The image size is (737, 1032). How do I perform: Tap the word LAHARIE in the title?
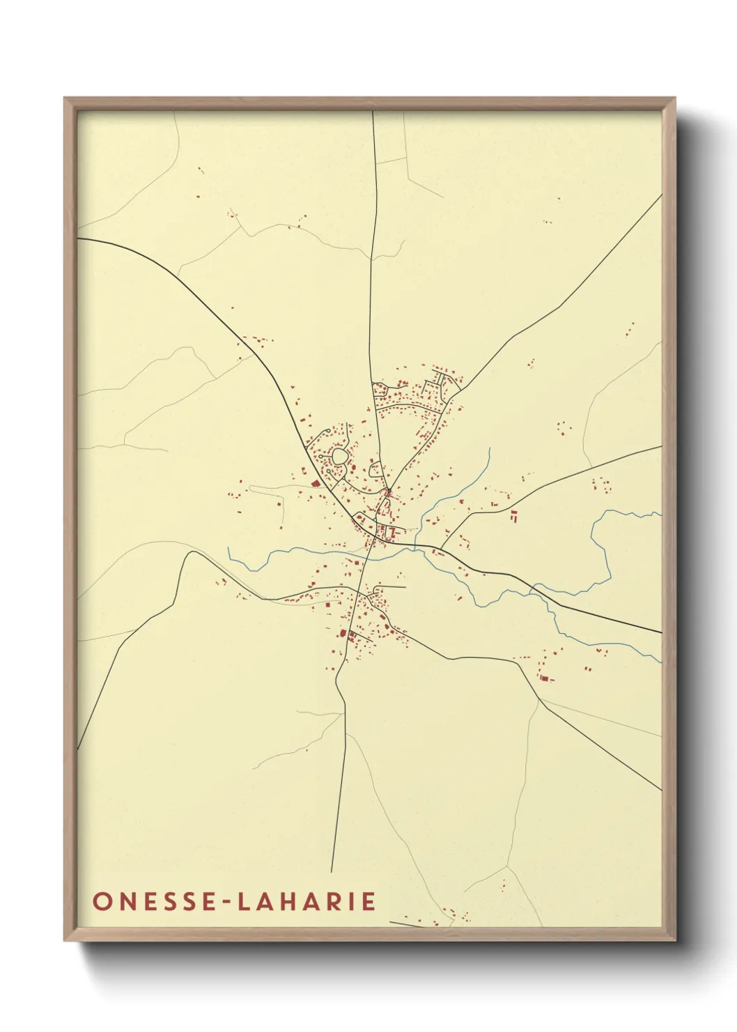307,900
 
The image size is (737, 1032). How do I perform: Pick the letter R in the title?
335,900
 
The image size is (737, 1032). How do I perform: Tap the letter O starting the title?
102,900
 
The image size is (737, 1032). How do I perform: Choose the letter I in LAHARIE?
352,900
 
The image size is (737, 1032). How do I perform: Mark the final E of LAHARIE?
369,900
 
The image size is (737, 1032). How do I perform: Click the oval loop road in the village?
339,457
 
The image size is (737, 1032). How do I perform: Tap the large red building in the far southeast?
545,677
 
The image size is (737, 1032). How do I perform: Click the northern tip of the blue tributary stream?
490,448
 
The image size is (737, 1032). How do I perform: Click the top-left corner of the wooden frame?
65,98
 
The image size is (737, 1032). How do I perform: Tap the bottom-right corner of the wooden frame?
676,940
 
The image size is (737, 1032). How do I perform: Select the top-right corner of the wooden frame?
676,98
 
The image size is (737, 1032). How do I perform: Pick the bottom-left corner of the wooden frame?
65,940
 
